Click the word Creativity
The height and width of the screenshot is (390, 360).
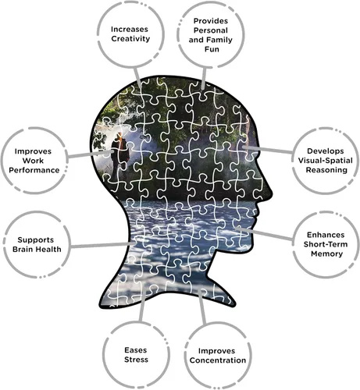pyautogui.click(x=130, y=39)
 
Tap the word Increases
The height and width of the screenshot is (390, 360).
pyautogui.click(x=130, y=29)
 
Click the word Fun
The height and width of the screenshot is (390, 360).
pyautogui.click(x=212, y=49)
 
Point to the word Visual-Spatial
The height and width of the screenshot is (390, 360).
pyautogui.click(x=325, y=161)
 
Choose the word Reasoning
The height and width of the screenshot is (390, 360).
pyautogui.click(x=326, y=170)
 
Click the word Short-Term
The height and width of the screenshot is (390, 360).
pyautogui.click(x=326, y=244)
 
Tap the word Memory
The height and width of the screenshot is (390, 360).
pyautogui.click(x=326, y=253)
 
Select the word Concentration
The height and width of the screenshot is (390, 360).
pyautogui.click(x=218, y=360)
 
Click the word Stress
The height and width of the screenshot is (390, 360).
pyautogui.click(x=136, y=360)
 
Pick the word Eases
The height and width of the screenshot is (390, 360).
pyautogui.click(x=135, y=350)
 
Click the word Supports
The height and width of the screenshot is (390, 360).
pyautogui.click(x=36, y=239)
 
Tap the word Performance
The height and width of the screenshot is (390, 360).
pyautogui.click(x=34, y=170)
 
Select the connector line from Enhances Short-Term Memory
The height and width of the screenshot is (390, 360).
pyautogui.click(x=265, y=233)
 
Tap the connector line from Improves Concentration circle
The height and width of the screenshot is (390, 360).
pyautogui.click(x=202, y=307)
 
